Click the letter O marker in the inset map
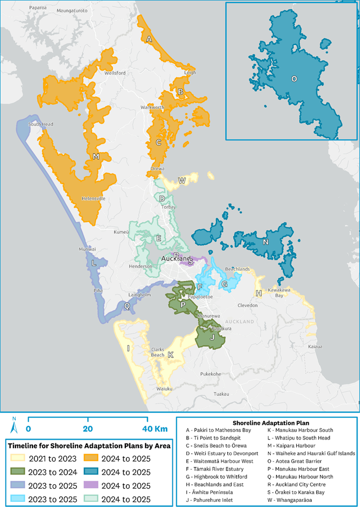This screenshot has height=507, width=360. (x=294, y=79)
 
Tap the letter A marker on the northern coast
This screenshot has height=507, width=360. (x=149, y=39)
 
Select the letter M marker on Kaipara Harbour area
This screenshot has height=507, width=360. (x=96, y=157)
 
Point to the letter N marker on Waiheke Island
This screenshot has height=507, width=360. (x=266, y=242)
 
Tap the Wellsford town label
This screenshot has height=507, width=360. (x=115, y=73)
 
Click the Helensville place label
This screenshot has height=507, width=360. (x=93, y=199)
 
